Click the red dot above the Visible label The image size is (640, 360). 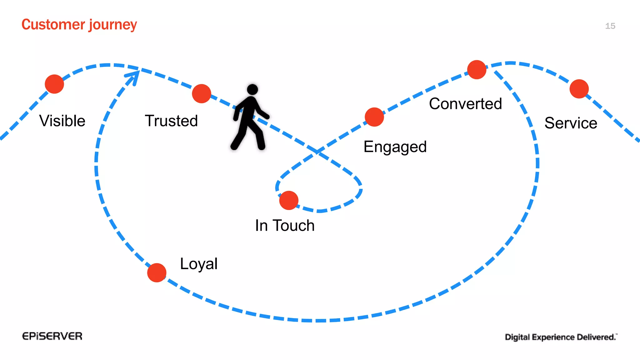(x=54, y=84)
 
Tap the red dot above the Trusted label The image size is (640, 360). (x=202, y=93)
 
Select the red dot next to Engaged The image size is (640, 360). (x=374, y=117)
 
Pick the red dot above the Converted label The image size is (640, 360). (x=477, y=70)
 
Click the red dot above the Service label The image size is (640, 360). (x=579, y=89)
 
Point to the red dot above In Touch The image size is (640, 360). (x=289, y=200)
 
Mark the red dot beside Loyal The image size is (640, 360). (x=157, y=272)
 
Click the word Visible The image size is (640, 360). (x=62, y=121)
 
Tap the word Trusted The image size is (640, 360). (x=171, y=121)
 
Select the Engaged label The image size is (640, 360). (x=395, y=147)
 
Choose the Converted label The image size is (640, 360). (x=465, y=104)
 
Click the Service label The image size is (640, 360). (x=571, y=123)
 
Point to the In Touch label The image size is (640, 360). (x=285, y=226)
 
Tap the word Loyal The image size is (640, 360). (x=199, y=264)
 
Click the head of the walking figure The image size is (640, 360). (x=252, y=89)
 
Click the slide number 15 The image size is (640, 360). (x=610, y=26)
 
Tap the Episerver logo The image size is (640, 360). (x=52, y=336)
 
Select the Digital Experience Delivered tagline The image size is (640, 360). (x=561, y=337)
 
